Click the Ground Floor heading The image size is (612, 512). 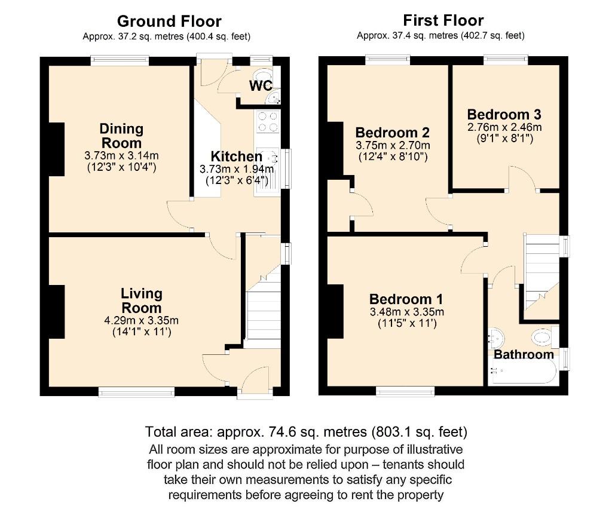tap(169, 22)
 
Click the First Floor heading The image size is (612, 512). tap(443, 20)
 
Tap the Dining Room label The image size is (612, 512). tap(121, 136)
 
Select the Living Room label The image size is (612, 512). tap(142, 301)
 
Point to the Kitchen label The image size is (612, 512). tap(236, 157)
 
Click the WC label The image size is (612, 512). tap(261, 86)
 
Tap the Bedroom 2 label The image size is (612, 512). tap(393, 132)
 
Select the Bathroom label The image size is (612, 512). tap(524, 354)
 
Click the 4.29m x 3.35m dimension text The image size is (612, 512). tap(142, 320)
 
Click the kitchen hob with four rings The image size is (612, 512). tap(268, 122)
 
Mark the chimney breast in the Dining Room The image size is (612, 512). tap(56, 149)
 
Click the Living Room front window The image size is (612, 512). tap(136, 392)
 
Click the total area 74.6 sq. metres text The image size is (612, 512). tap(306, 431)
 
